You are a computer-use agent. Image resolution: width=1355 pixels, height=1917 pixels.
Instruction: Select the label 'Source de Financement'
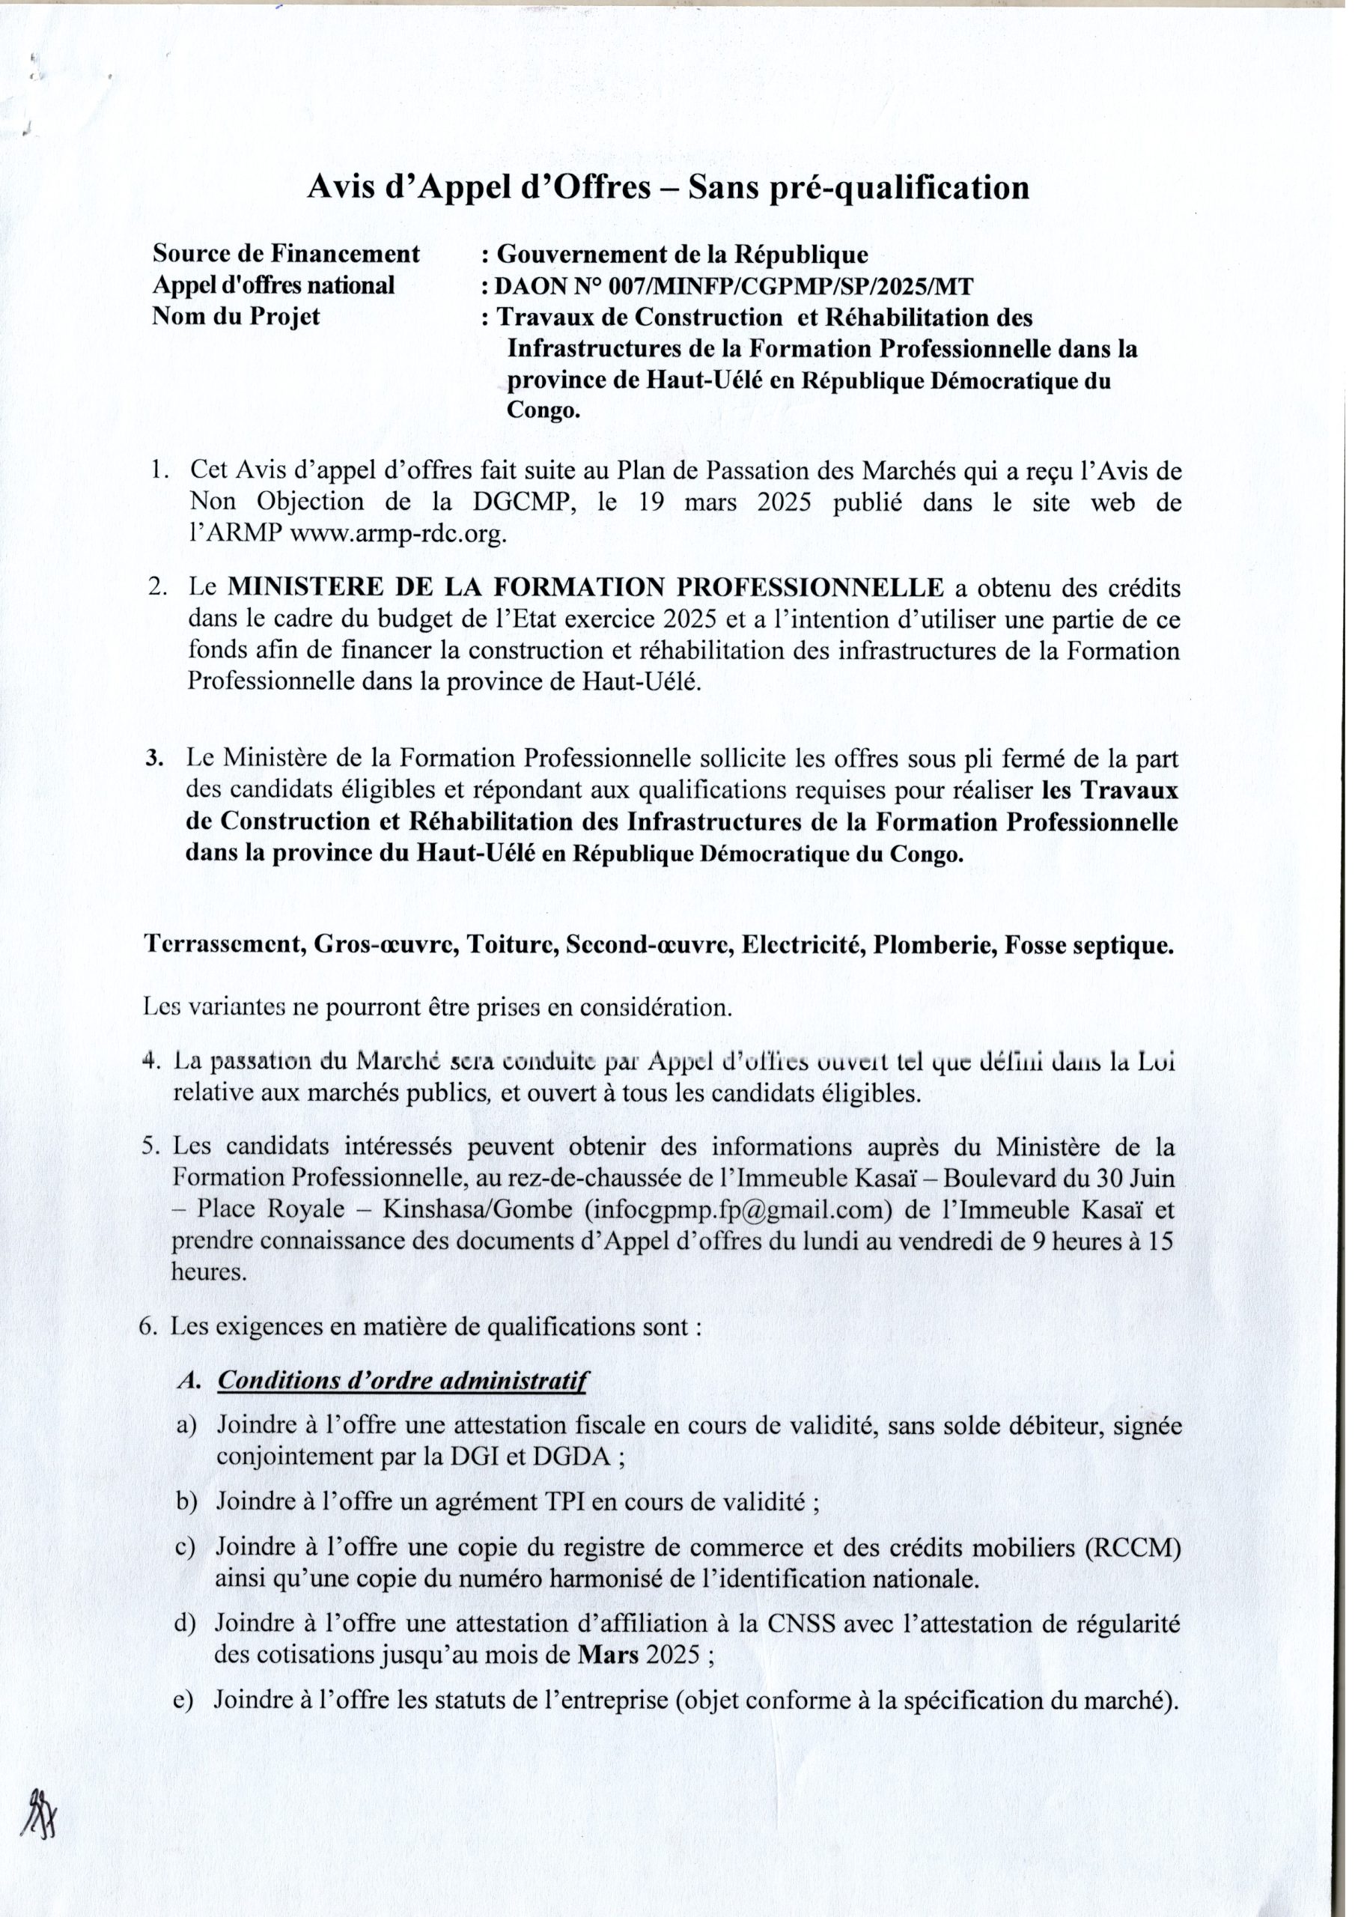[285, 253]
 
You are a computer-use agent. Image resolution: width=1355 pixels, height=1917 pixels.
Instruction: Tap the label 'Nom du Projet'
[237, 318]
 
